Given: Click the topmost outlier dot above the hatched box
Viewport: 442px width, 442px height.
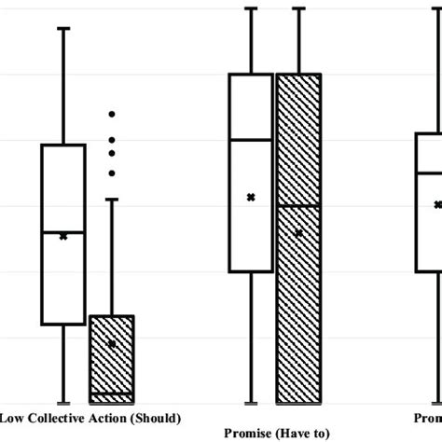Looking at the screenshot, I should [x=112, y=114].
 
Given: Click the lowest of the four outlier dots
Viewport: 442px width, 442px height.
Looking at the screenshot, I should [x=112, y=173].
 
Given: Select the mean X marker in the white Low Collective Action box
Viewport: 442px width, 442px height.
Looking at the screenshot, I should [x=63, y=237].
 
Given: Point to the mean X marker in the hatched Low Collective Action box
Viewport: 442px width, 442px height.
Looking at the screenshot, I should [x=112, y=344].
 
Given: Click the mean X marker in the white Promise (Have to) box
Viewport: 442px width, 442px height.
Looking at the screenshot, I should [x=251, y=197].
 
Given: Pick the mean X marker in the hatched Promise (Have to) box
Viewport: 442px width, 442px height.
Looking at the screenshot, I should [x=299, y=234].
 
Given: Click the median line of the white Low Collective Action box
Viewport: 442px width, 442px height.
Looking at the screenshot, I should [x=63, y=231].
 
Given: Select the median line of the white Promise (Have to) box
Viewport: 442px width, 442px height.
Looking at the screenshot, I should [x=251, y=140].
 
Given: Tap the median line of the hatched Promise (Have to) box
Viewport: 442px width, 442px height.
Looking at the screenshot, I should [x=299, y=204].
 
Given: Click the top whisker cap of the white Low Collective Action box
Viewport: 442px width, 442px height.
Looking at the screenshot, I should [x=63, y=29].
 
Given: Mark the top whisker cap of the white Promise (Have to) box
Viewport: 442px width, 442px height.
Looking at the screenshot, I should [x=251, y=8].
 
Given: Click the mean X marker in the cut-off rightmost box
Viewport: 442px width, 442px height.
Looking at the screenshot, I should [x=437, y=204].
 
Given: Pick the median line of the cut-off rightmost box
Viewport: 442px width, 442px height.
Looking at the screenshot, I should [x=429, y=173].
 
